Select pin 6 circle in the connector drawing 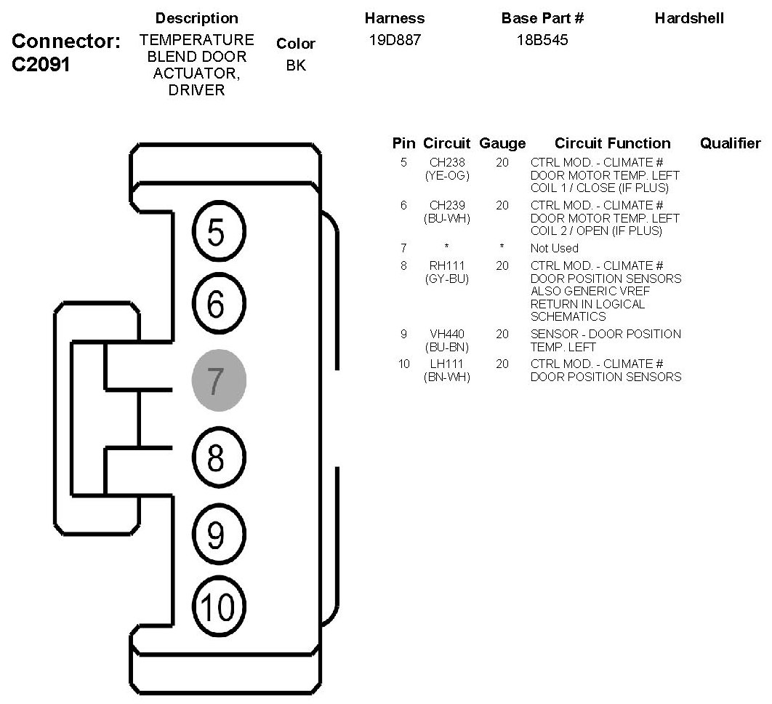pos(219,305)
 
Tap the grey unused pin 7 pos(219,379)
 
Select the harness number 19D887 pos(395,41)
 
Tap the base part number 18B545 pos(542,41)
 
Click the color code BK pos(296,65)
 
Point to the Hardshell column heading pos(689,18)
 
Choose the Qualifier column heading pos(730,143)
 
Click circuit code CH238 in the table pos(447,163)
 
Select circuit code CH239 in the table pos(447,206)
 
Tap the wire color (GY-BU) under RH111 pos(447,279)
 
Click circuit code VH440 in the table pos(447,335)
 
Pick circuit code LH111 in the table pos(447,364)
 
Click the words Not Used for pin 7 pos(555,248)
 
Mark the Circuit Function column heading pos(612,143)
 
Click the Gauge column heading pos(502,143)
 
